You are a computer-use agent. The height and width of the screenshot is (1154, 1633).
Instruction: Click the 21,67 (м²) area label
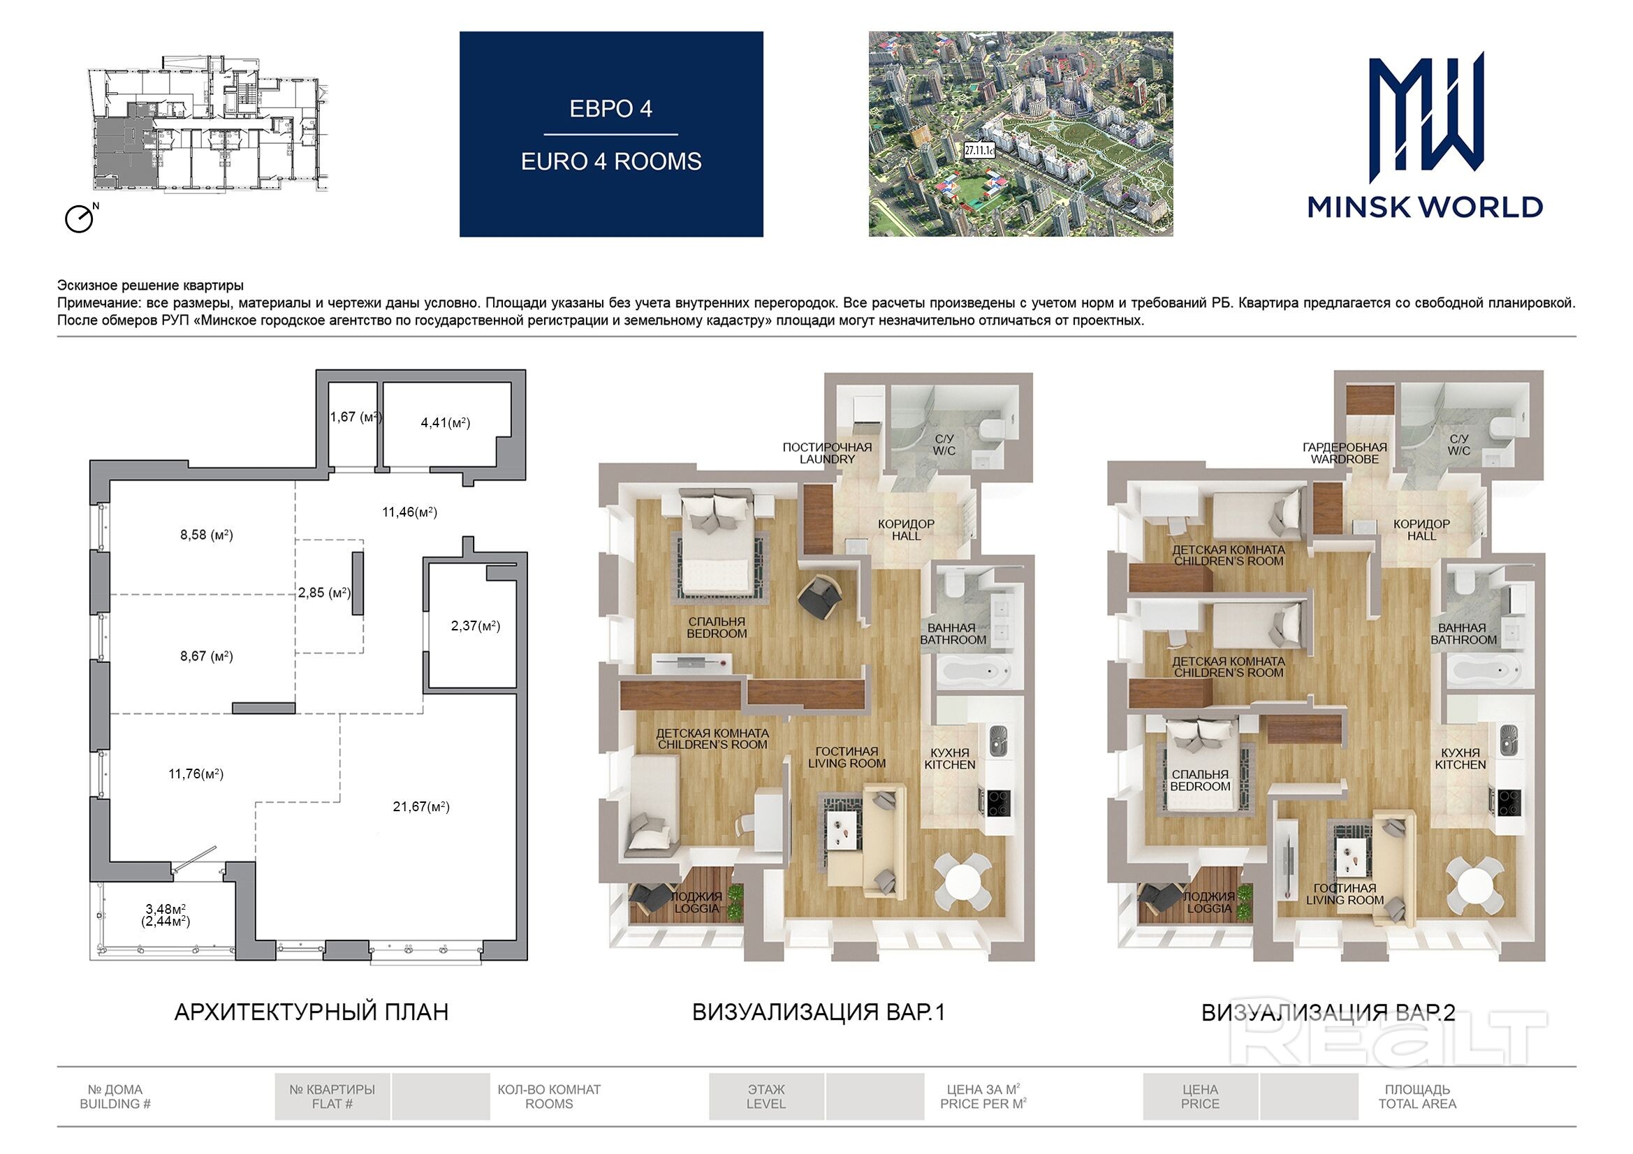(421, 806)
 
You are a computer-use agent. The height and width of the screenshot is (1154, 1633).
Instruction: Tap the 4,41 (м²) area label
(445, 422)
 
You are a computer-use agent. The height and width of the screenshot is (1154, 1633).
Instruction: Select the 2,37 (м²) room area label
(476, 626)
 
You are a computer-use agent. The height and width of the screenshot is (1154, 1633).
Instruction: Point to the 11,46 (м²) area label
(410, 511)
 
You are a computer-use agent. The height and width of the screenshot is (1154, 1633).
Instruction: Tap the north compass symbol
(80, 218)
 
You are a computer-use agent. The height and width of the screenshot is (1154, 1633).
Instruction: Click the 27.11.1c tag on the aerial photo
(979, 150)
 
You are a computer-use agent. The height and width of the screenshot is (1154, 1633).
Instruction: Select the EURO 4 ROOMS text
(611, 161)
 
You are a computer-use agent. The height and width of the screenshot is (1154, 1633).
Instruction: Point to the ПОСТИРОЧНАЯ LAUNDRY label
(827, 453)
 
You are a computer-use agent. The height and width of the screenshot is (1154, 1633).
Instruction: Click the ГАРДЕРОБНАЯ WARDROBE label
(1345, 453)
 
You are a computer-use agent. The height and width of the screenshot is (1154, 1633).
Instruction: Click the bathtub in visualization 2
(1484, 670)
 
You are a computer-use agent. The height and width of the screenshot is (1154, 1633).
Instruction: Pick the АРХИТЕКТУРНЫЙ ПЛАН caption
(312, 1012)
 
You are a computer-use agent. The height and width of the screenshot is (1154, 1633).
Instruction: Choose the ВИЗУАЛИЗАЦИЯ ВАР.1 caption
(819, 1012)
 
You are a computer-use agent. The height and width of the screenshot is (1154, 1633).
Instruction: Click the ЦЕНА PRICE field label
(1200, 1097)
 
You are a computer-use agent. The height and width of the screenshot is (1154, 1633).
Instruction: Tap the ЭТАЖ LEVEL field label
(766, 1097)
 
